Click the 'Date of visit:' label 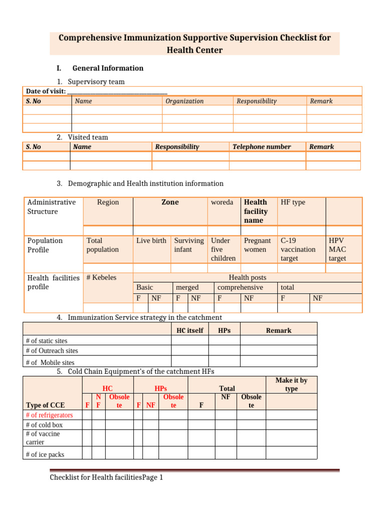pos(46,91)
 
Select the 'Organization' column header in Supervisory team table pos(184,101)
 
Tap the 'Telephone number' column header pos(261,147)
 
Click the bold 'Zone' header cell pos(170,202)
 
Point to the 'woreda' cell pos(222,202)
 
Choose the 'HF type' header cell pos(293,202)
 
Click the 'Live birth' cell pos(151,240)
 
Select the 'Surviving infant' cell pos(188,245)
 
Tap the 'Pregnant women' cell pos(257,245)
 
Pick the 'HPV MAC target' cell pos(337,249)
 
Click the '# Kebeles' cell pos(101,278)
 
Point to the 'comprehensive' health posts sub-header pos(240,287)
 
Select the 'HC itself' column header pos(190,330)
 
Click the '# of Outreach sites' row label pos(52,351)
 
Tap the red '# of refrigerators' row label pos(49,415)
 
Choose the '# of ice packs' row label pos(45,454)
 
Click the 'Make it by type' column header pos(291,384)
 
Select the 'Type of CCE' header pos(45,405)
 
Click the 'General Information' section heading pos(108,68)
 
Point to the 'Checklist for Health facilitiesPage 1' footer pos(106,477)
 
